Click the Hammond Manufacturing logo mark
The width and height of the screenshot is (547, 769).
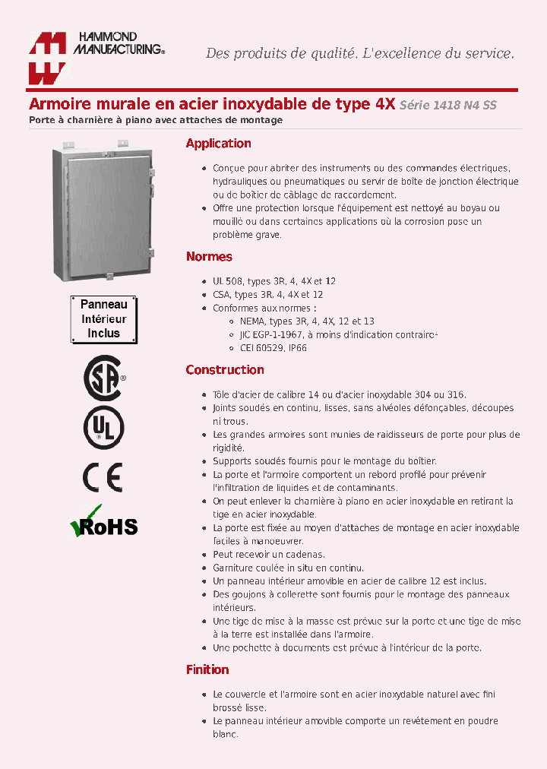click(x=46, y=58)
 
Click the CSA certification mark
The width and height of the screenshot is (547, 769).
click(x=103, y=377)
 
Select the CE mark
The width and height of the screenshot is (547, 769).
click(x=102, y=476)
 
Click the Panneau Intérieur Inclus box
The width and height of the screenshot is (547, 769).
click(x=103, y=318)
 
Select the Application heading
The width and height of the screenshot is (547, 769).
click(x=218, y=144)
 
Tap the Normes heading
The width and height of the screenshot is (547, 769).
click(x=209, y=257)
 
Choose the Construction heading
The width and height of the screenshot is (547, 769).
click(x=225, y=370)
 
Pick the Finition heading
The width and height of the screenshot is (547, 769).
click(x=207, y=669)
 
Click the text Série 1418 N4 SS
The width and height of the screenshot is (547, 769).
click(x=448, y=106)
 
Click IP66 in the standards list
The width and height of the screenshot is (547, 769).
click(x=296, y=348)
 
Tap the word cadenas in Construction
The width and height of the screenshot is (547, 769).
click(x=306, y=555)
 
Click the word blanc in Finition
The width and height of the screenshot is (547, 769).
click(x=225, y=734)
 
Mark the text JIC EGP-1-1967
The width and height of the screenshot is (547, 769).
click(x=272, y=334)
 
